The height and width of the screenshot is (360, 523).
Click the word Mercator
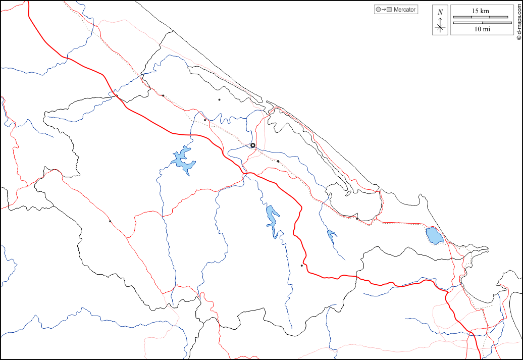tap(404, 10)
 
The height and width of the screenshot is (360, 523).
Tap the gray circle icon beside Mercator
tap(378, 10)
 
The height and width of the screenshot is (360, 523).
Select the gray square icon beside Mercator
tap(389, 10)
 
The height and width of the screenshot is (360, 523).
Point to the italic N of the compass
tap(440, 12)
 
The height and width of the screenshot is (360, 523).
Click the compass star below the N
tap(440, 27)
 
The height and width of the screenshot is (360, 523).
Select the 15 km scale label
tap(480, 11)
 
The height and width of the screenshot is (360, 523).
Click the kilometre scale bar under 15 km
tap(480, 17)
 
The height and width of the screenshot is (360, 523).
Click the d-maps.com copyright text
tap(518, 20)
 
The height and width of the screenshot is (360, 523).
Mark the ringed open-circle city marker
tap(253, 145)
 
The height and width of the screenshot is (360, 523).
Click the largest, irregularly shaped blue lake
tap(183, 161)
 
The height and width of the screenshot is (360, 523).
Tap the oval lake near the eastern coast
tap(434, 235)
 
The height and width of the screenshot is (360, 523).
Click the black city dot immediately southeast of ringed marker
tap(278, 161)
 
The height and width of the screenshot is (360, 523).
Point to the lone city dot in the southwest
tap(110, 221)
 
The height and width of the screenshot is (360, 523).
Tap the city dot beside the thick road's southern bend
tap(301, 266)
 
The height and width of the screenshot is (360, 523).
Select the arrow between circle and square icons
tap(383, 10)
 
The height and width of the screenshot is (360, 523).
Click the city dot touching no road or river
tap(219, 99)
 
